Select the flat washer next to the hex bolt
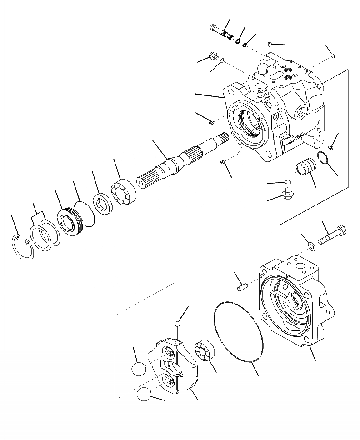(x=311, y=246)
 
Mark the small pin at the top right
(x=332, y=55)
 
